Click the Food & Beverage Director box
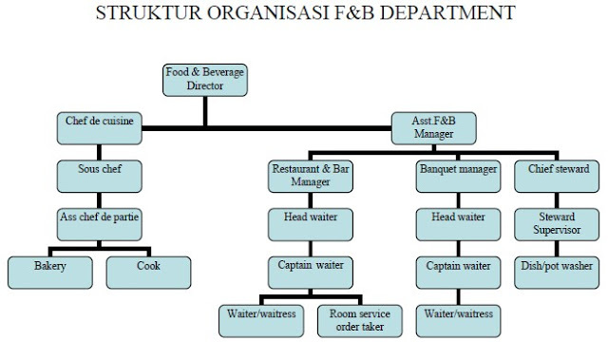(x=204, y=79)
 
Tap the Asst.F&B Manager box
(x=433, y=127)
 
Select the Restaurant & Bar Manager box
(x=311, y=176)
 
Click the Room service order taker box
(x=359, y=320)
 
